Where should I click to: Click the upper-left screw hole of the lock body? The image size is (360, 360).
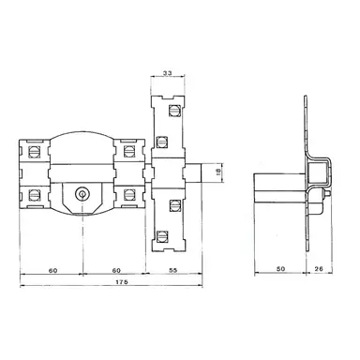34,150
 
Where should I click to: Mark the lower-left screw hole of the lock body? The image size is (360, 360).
34,195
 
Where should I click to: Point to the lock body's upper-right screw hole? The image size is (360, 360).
129,150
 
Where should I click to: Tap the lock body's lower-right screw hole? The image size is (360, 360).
129,195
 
